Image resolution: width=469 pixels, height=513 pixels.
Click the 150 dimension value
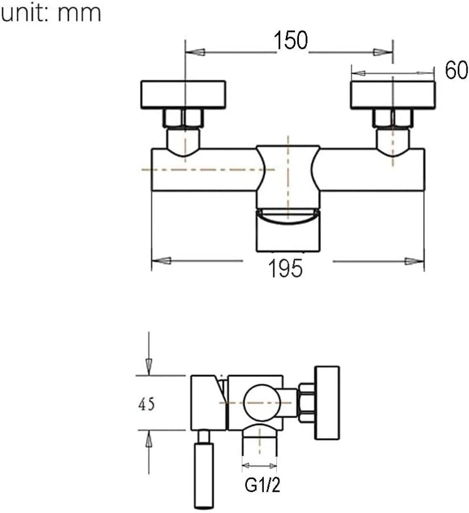(x=291, y=40)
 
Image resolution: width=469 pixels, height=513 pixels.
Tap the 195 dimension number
(x=285, y=268)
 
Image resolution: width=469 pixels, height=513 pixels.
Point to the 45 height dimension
(x=147, y=405)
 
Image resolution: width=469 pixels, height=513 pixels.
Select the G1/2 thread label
(x=263, y=485)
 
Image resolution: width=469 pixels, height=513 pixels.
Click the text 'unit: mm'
(x=51, y=13)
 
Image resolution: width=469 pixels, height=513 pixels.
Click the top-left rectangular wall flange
(x=183, y=94)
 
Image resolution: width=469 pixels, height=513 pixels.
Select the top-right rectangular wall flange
(x=393, y=95)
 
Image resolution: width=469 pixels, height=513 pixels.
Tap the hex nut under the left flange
(x=183, y=118)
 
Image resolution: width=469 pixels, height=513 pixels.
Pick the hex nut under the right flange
(x=393, y=118)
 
